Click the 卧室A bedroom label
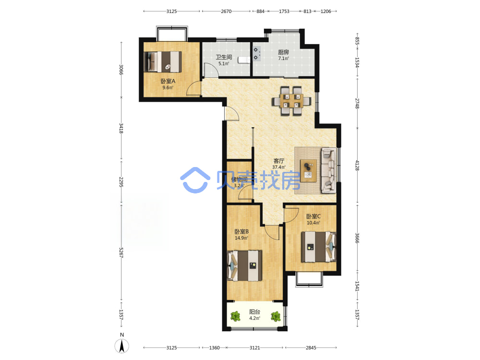click(168, 81)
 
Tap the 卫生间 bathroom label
click(224, 57)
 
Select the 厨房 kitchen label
click(284, 52)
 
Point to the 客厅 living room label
click(279, 161)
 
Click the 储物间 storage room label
click(240, 180)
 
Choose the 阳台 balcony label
click(255, 312)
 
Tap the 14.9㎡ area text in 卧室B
click(241, 238)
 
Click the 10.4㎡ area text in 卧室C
click(313, 223)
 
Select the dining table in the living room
click(291, 101)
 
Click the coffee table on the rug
click(309, 171)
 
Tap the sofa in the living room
click(328, 170)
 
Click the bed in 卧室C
click(319, 247)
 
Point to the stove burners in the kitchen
click(256, 54)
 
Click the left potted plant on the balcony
click(235, 316)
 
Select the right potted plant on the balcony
click(276, 316)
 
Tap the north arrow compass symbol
click(122, 346)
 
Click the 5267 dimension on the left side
click(121, 252)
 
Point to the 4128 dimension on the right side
click(357, 165)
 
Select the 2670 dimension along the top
click(226, 12)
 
